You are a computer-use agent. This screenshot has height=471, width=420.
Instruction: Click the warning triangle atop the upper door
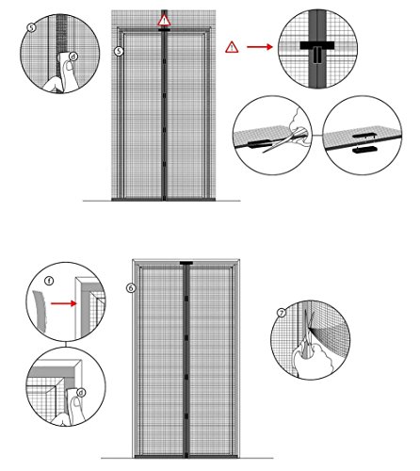click(x=166, y=20)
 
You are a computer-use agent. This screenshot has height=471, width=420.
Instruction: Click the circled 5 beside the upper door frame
click(x=118, y=50)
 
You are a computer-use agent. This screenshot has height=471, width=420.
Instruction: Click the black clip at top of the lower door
click(x=187, y=265)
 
